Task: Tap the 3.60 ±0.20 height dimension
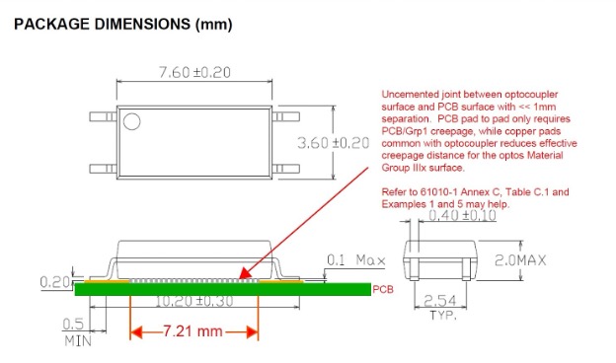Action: click(x=333, y=143)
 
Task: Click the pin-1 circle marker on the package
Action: click(x=131, y=121)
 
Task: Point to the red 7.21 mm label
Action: click(x=195, y=332)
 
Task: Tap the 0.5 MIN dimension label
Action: click(x=74, y=330)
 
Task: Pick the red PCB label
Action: click(x=384, y=290)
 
